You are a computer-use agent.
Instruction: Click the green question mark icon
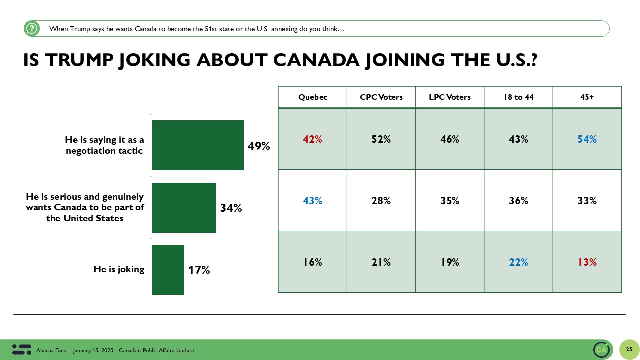pos(31,29)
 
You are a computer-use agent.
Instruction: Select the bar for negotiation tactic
pos(198,145)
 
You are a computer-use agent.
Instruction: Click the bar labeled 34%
pos(184,208)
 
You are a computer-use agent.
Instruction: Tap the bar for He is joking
pos(168,270)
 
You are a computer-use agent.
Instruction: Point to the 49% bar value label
pos(259,146)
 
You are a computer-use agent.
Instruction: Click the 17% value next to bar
pos(199,270)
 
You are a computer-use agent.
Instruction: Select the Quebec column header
pos(313,97)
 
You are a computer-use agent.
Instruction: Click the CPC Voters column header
pos(381,97)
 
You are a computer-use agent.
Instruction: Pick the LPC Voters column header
pos(450,97)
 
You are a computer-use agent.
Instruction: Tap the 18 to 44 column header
pos(518,97)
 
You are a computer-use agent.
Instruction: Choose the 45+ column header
pos(587,97)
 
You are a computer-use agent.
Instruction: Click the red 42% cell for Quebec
pos(313,140)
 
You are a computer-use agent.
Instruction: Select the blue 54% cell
pos(587,140)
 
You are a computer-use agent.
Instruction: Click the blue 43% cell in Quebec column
pos(313,201)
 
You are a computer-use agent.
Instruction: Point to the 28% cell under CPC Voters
pos(381,201)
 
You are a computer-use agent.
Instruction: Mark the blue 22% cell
pos(518,262)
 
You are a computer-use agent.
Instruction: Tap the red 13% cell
pos(587,262)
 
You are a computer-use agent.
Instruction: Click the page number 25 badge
pos(629,349)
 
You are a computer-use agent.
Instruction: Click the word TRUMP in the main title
pos(88,60)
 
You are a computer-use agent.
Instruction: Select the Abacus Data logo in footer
pos(21,349)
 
